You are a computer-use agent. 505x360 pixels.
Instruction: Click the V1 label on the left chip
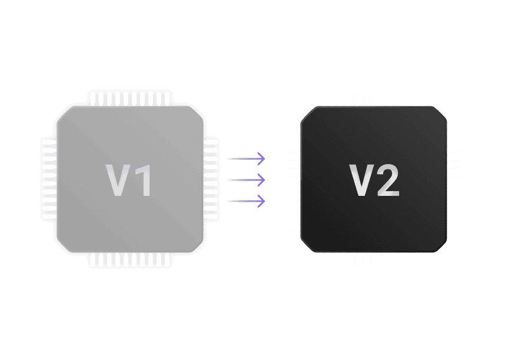pos(129,180)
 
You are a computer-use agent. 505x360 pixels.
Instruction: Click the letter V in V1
pos(117,180)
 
